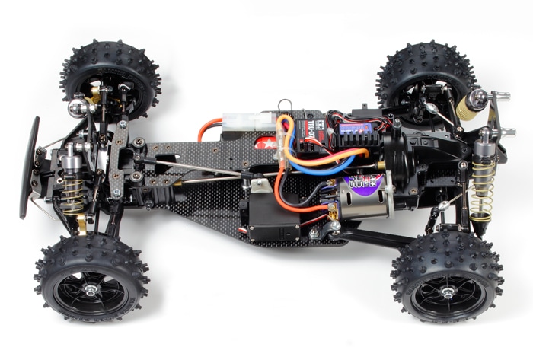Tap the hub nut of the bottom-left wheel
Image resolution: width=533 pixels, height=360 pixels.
click(90, 289)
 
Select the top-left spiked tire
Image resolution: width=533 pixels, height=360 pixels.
click(111, 79)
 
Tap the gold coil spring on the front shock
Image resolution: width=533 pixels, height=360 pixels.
click(74, 194)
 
